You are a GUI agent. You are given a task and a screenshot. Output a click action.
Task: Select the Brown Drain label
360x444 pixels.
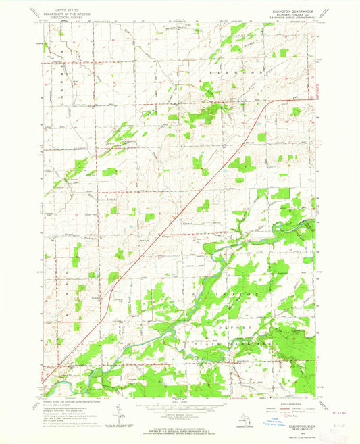[150, 200]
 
